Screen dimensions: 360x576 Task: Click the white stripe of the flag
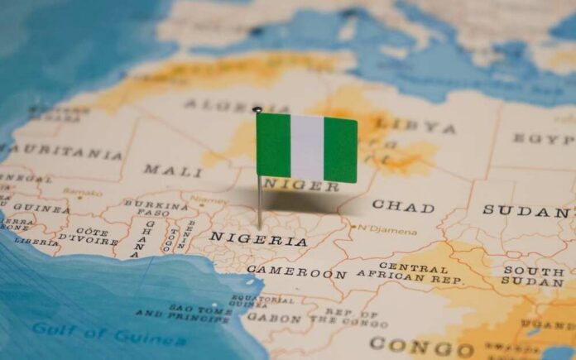[x=306, y=147]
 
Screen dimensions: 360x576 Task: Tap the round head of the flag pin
[x=257, y=109]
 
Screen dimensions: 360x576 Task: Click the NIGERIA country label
[x=257, y=238]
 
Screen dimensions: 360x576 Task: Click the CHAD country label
[x=403, y=204]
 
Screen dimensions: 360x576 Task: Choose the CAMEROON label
[x=296, y=271]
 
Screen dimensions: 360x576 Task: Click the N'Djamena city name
[x=388, y=231]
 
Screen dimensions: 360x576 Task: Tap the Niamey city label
[x=209, y=199]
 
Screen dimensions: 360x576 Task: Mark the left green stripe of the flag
[x=273, y=145]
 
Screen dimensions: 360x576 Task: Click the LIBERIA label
[x=36, y=242]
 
